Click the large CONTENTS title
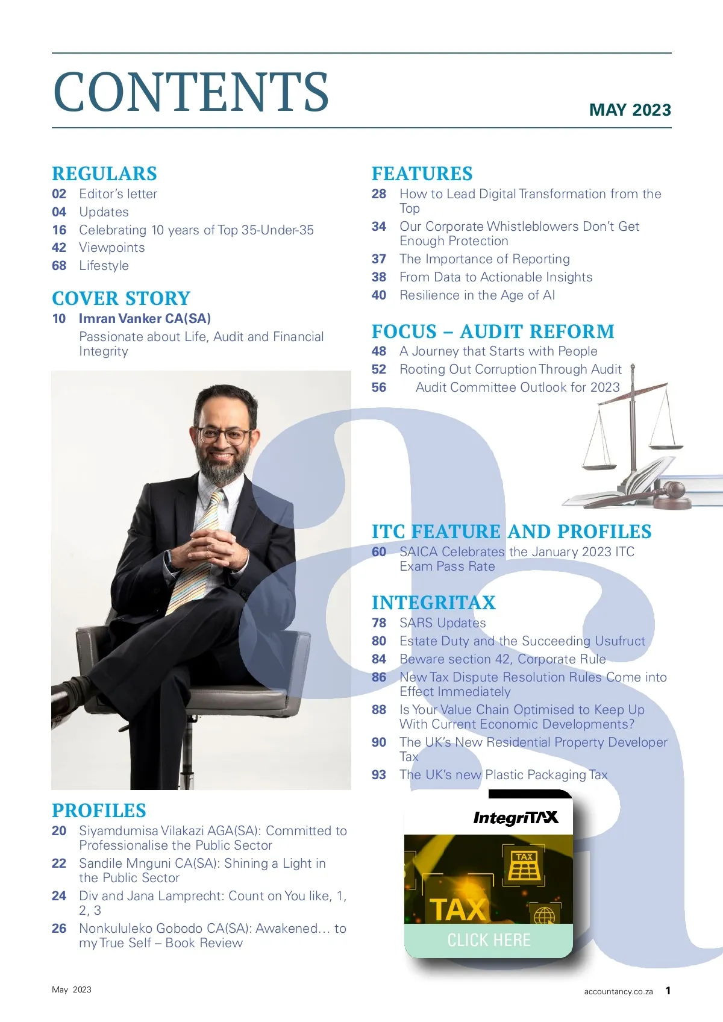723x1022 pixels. (191, 92)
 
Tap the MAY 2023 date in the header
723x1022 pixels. (630, 110)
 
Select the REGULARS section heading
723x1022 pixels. (104, 174)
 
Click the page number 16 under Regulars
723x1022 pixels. (59, 230)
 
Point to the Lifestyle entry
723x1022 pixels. (104, 266)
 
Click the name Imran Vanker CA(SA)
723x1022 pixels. (145, 319)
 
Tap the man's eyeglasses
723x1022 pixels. (223, 435)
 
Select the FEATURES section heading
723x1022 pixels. (422, 174)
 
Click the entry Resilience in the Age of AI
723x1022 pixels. (477, 295)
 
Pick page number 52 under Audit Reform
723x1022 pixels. (378, 369)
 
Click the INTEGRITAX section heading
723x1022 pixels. (433, 603)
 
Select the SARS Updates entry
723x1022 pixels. (442, 623)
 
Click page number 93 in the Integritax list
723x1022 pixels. (378, 775)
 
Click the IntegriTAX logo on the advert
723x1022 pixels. (515, 818)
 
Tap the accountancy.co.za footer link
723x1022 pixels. (618, 991)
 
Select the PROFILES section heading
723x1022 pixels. (99, 810)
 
